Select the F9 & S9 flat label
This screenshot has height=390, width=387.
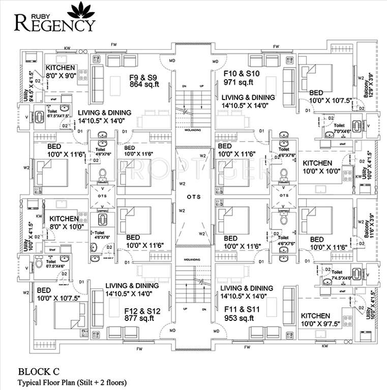point(142,78)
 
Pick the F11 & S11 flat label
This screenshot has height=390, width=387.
point(242,308)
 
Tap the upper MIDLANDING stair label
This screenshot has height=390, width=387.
point(193,129)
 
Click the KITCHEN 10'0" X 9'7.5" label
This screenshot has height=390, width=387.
point(315,319)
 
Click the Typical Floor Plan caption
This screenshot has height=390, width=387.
point(72,382)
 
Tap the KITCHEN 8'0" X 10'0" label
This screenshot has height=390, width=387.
point(65,223)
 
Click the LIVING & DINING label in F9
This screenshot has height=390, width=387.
point(105,117)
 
